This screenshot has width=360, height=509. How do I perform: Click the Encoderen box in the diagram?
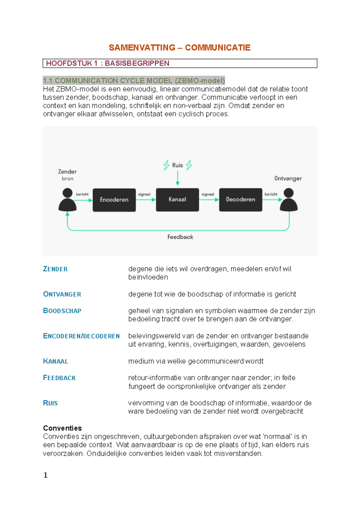point(114,200)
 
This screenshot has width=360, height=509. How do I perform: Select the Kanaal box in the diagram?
point(177,200)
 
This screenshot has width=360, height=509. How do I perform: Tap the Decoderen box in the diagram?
point(241,200)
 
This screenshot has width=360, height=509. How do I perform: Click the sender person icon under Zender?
point(67,200)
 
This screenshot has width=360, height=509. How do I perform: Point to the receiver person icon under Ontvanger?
point(289,200)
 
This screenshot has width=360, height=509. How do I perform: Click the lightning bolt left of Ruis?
point(166,165)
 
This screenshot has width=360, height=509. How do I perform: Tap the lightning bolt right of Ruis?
point(189,165)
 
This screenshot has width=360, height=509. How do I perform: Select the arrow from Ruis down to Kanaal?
point(178,178)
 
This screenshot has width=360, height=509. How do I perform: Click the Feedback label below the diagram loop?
point(180,237)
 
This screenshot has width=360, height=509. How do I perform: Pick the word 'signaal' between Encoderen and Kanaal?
point(144,194)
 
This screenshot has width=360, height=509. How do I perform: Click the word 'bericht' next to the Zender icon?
point(82,194)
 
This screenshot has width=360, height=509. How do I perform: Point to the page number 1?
point(46,475)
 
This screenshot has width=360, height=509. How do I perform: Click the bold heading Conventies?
point(62,428)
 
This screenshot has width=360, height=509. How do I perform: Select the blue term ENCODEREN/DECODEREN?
point(81,336)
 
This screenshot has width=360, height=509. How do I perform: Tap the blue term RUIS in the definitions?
point(50,403)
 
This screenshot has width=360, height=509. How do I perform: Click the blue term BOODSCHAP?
point(62,311)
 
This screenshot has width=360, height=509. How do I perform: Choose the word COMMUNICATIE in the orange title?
point(217,48)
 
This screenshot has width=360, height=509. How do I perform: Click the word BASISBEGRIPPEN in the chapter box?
point(137,63)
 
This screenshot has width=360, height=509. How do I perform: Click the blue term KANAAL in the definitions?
point(55,361)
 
